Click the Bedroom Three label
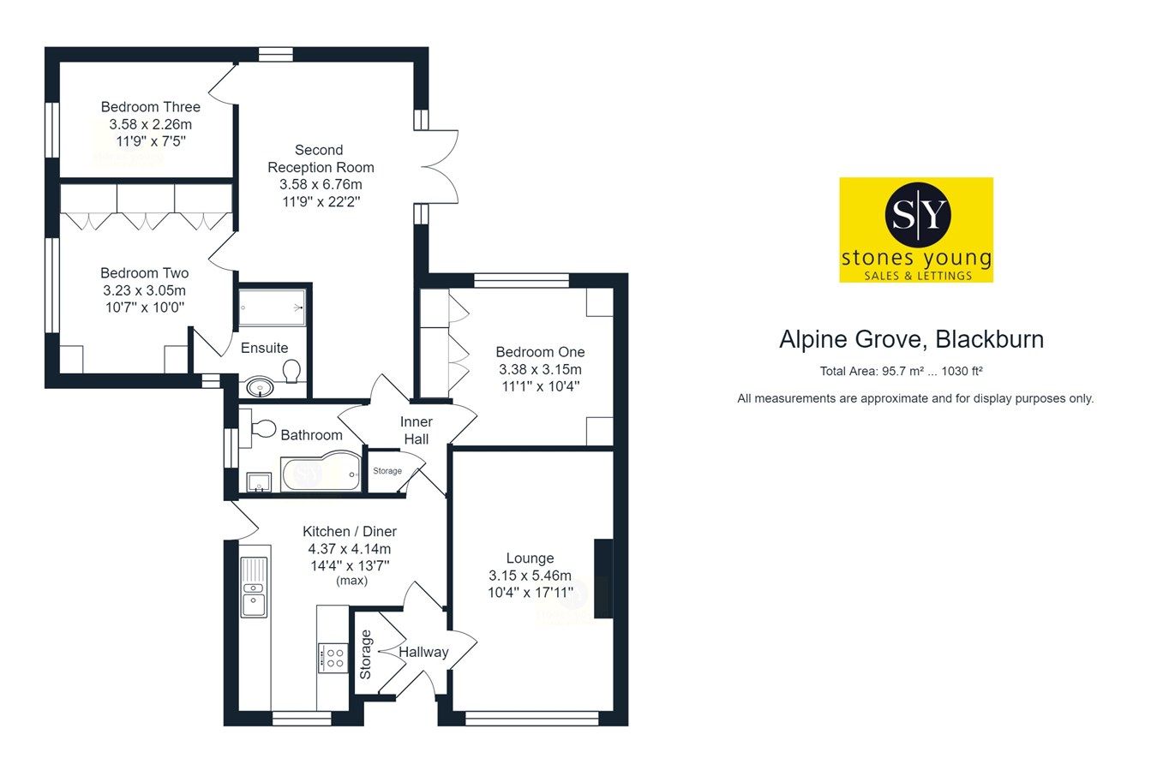pyautogui.click(x=150, y=107)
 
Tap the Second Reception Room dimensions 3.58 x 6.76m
pyautogui.click(x=321, y=184)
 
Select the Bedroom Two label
pyautogui.click(x=144, y=273)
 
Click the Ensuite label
pyautogui.click(x=264, y=348)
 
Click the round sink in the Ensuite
pyautogui.click(x=257, y=388)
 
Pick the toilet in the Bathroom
pyautogui.click(x=261, y=427)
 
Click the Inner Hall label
pyautogui.click(x=417, y=430)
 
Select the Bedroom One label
pyautogui.click(x=540, y=352)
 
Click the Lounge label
pyautogui.click(x=530, y=558)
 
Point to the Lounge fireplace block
pyautogui.click(x=603, y=578)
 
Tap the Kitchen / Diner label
pyautogui.click(x=349, y=531)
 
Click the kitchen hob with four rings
pyautogui.click(x=333, y=658)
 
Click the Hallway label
pyautogui.click(x=423, y=653)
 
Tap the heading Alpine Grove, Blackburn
pyautogui.click(x=911, y=340)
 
